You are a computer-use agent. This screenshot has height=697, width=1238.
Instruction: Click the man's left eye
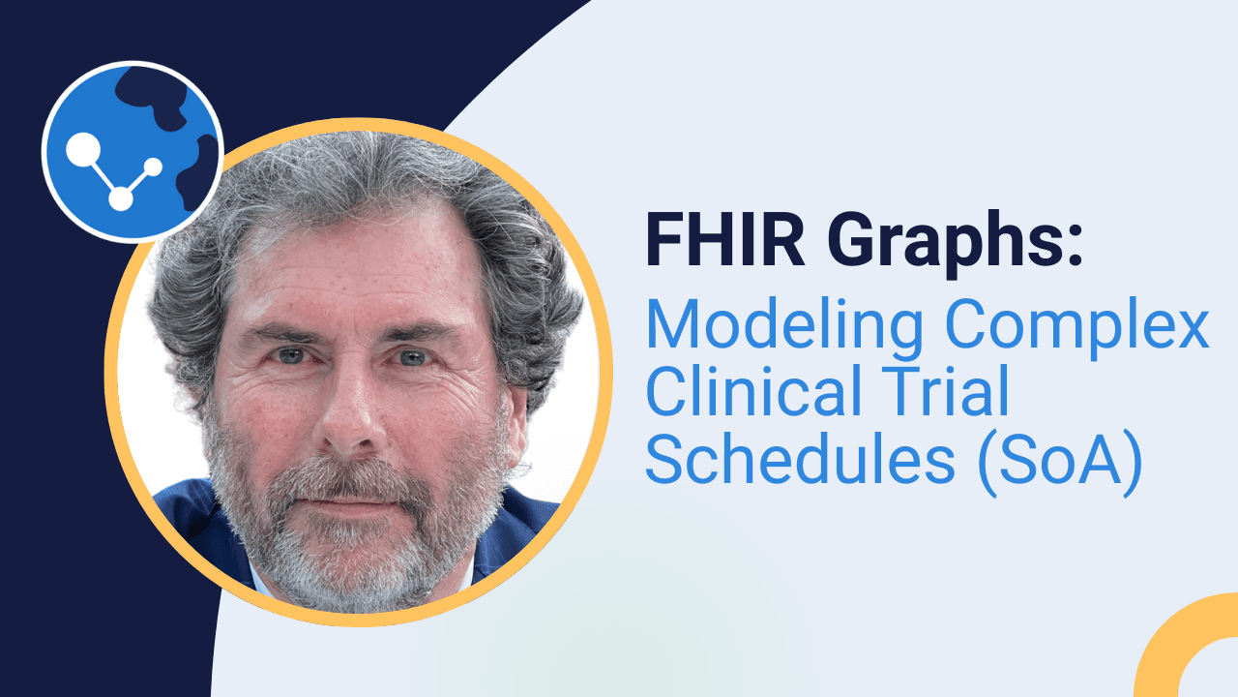pos(412,357)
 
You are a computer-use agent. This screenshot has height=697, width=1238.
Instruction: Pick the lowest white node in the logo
pos(120,198)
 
